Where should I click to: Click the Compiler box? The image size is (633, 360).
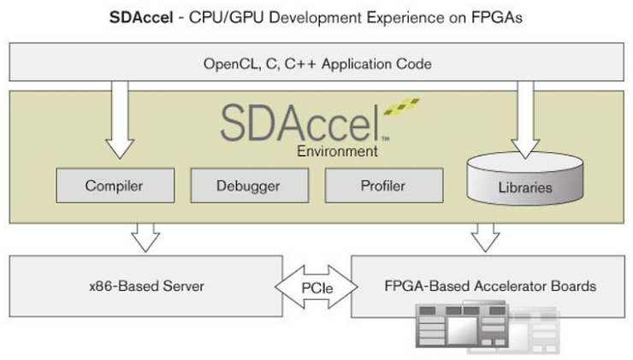[114, 186]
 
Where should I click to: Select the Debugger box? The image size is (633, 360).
[248, 186]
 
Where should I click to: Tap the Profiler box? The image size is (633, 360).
[383, 186]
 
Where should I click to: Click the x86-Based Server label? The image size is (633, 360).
[147, 286]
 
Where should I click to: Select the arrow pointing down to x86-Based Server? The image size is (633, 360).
[147, 237]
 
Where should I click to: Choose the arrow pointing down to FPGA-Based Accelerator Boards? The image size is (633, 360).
[488, 237]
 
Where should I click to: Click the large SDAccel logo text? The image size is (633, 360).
[299, 124]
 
